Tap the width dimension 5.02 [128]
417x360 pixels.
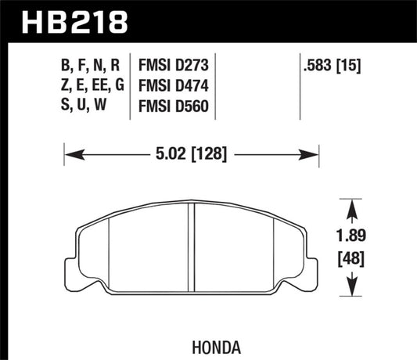point(192,155)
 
